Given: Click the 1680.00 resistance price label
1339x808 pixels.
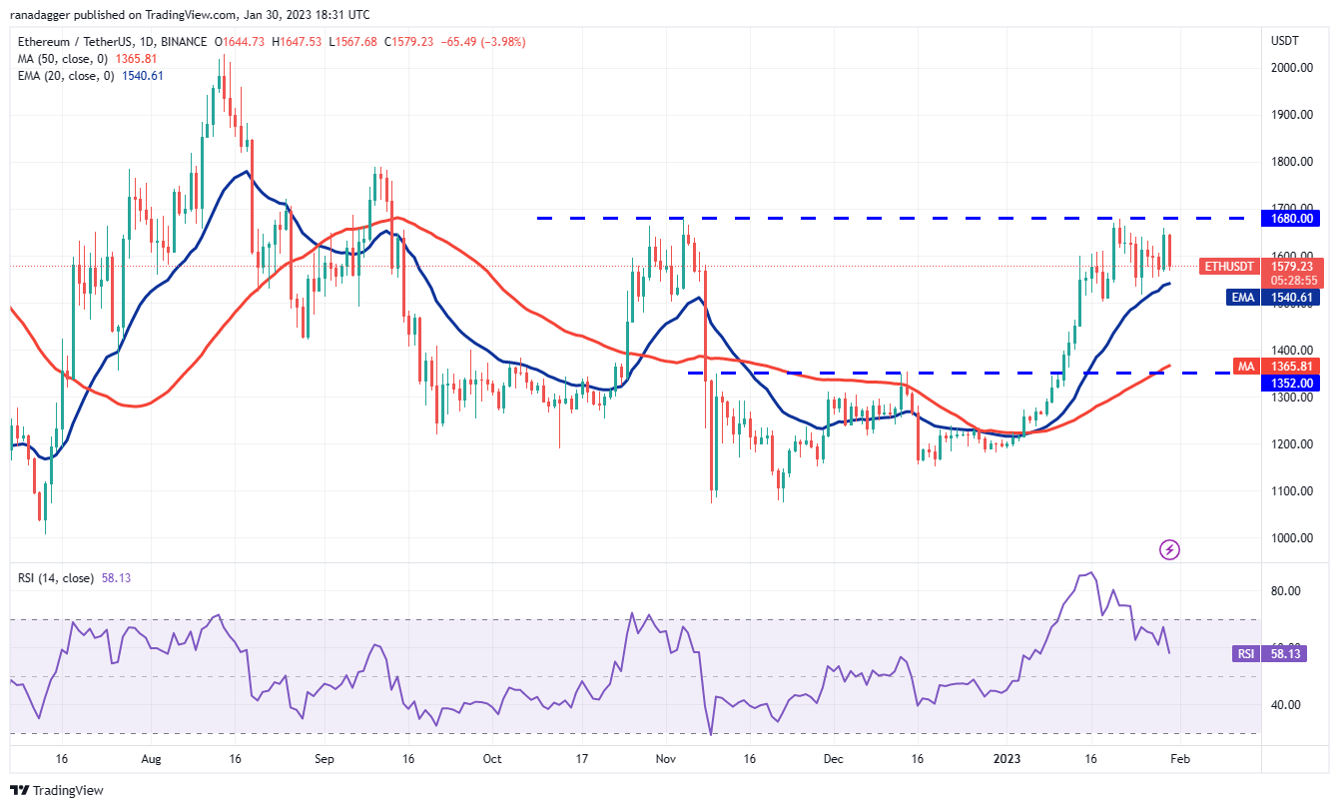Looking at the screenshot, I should pyautogui.click(x=1292, y=218).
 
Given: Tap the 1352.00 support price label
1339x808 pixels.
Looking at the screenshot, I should pyautogui.click(x=1292, y=383).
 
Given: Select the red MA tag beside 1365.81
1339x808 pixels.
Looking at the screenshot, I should pyautogui.click(x=1246, y=367).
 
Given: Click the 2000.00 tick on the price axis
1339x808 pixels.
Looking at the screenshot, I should pyautogui.click(x=1292, y=67).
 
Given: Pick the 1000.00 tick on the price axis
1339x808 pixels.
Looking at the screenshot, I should pyautogui.click(x=1292, y=537).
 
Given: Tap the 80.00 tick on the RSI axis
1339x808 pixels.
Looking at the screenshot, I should pyautogui.click(x=1285, y=590).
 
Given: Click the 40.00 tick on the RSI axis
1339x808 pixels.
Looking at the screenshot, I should pyautogui.click(x=1285, y=704).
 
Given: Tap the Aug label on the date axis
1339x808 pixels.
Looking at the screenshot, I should pyautogui.click(x=151, y=758).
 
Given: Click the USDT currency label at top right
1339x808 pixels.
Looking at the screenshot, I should pyautogui.click(x=1284, y=40).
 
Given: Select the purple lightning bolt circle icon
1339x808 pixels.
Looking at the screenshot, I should pyautogui.click(x=1170, y=549).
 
